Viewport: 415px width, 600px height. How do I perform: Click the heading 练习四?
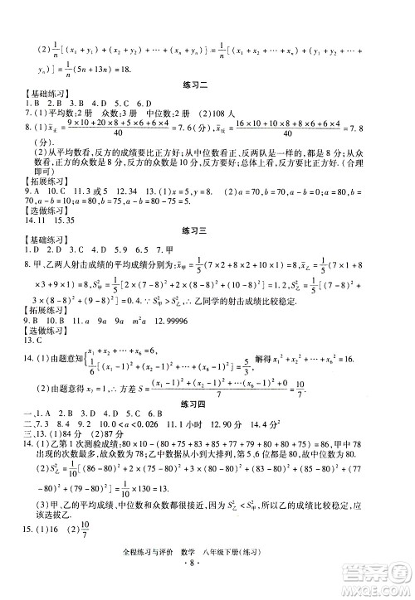[x=206, y=403]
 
